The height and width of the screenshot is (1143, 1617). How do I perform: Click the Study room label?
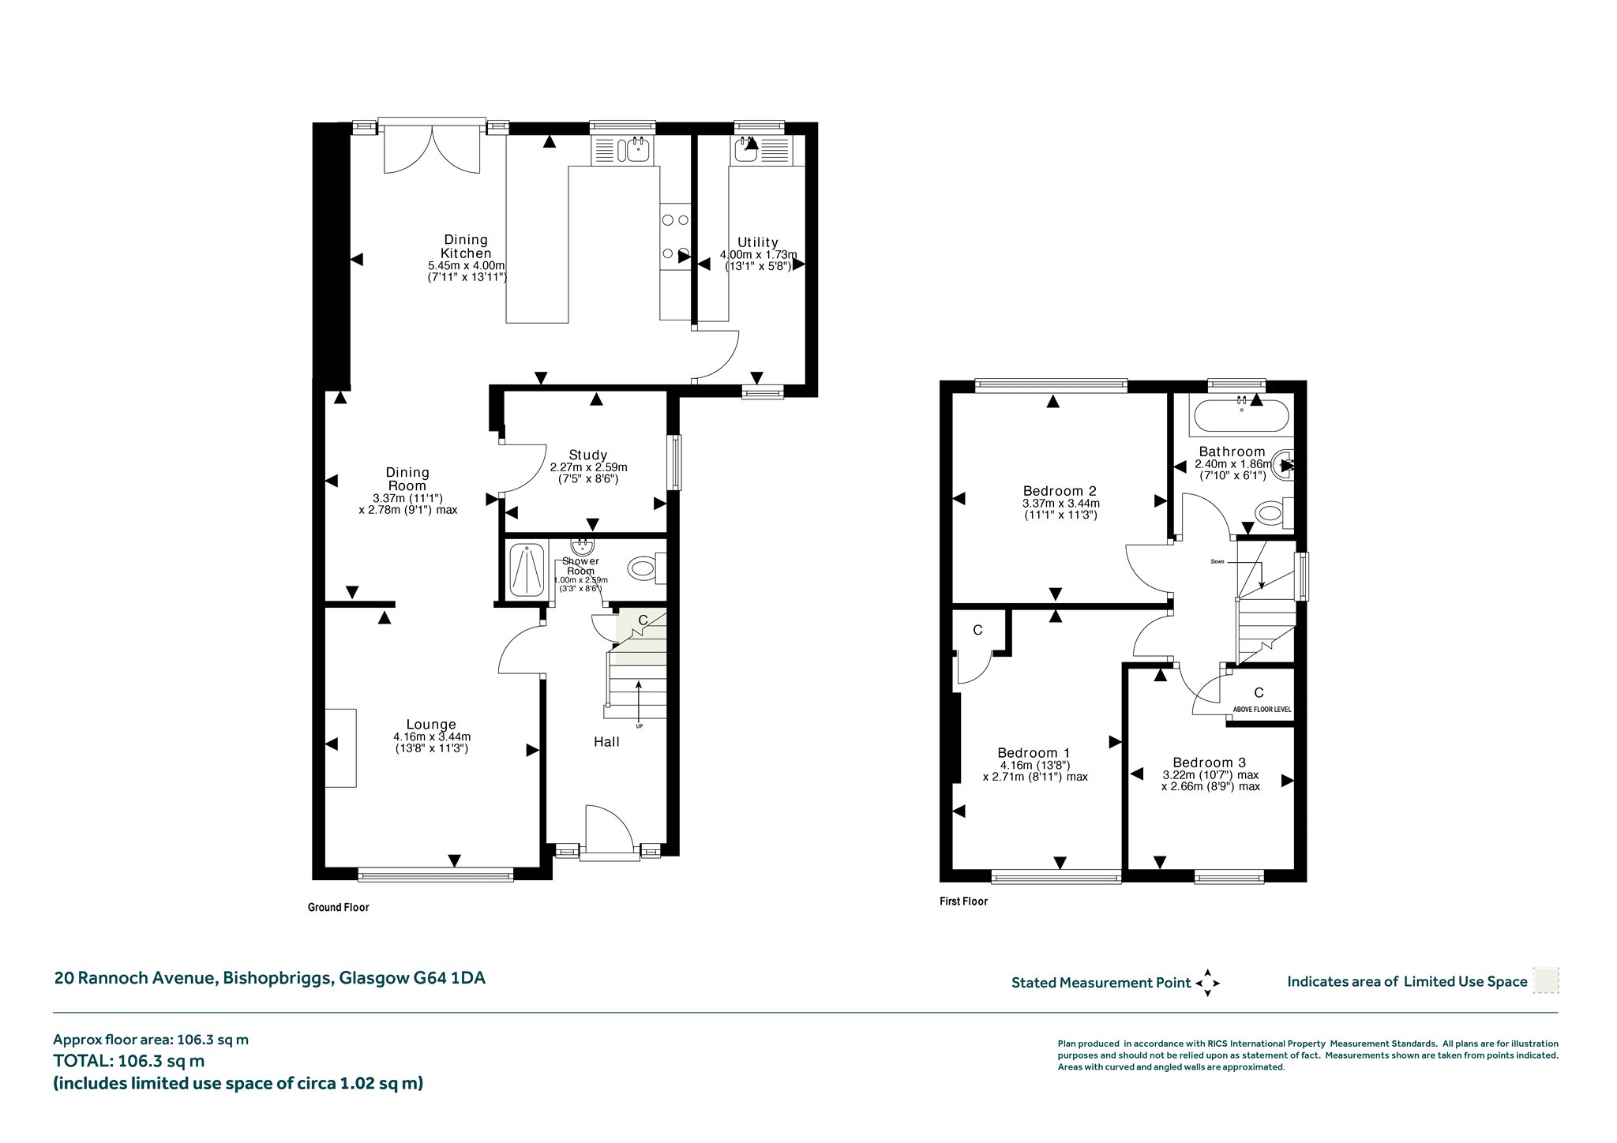(588, 455)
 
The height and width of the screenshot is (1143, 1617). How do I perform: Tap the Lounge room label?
(431, 725)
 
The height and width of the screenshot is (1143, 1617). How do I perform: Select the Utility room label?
(758, 242)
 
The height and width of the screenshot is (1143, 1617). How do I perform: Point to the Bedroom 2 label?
(1060, 491)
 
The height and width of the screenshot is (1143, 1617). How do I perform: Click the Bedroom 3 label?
(1210, 763)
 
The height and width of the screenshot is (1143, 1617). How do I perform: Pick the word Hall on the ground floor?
(607, 742)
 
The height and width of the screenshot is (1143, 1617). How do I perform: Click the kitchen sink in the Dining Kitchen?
(624, 149)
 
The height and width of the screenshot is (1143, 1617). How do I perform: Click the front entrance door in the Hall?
(608, 830)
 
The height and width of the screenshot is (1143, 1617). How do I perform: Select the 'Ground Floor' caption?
(339, 908)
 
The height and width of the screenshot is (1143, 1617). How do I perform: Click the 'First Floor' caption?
(963, 901)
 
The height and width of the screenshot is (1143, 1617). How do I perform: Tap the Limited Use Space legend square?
(1545, 980)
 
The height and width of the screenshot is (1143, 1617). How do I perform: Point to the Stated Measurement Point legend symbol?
(1207, 983)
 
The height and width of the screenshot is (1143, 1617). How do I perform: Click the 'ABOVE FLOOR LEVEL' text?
(1262, 710)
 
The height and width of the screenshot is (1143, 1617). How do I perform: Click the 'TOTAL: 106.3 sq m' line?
(129, 1062)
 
